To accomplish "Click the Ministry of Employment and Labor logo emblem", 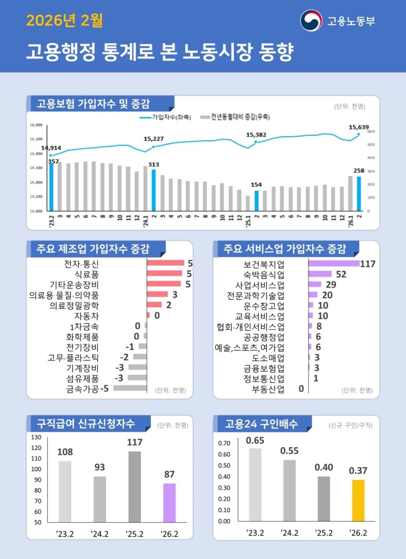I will click(311, 20).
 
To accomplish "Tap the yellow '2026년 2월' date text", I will click(64, 21).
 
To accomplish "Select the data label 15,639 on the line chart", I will click(359, 127).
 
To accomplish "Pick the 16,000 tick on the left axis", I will click(36, 125).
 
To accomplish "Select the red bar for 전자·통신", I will click(166, 263).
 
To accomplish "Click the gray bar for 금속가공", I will click(130, 388).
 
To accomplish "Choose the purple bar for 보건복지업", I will click(334, 264).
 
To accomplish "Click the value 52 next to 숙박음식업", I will click(341, 274).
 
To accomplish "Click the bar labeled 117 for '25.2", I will click(134, 486).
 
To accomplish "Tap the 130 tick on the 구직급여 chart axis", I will click(36, 437).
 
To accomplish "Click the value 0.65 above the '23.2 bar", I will click(255, 440).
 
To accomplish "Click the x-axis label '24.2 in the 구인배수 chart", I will click(289, 533).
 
